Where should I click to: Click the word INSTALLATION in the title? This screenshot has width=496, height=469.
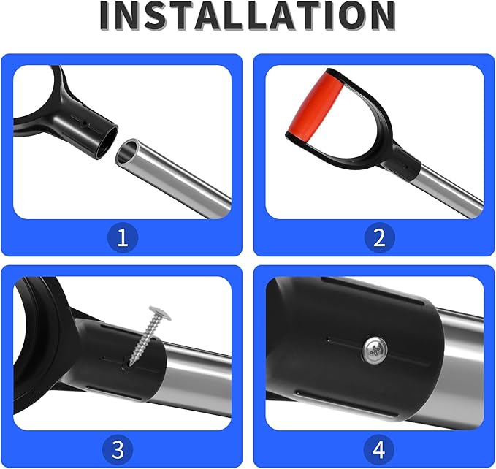(x=248, y=16)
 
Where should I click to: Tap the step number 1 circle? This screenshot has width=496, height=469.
(x=123, y=237)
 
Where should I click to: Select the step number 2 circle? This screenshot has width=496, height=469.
(x=379, y=237)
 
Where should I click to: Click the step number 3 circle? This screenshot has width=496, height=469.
(x=118, y=450)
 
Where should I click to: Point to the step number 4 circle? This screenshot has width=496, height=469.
(x=379, y=450)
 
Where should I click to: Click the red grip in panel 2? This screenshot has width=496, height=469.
(x=315, y=107)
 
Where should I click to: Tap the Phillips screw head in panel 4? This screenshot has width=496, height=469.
(x=375, y=350)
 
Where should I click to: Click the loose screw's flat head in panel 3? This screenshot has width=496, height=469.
(x=161, y=312)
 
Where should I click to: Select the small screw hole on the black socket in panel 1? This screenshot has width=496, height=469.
(x=84, y=123)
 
